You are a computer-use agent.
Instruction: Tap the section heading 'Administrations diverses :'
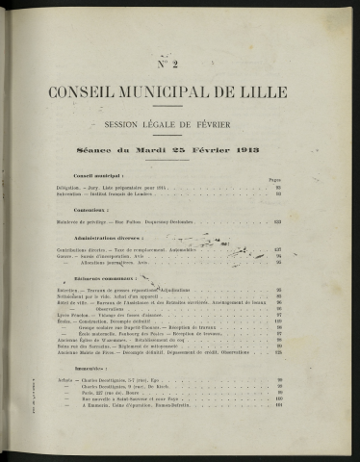(x=107, y=237)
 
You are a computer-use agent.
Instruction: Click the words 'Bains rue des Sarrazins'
(x=85, y=344)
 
